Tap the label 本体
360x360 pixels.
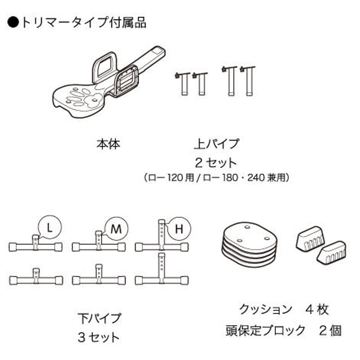point(108,144)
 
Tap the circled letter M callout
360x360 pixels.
point(116,228)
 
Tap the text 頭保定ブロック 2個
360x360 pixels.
point(283,331)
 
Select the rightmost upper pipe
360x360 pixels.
point(248,81)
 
